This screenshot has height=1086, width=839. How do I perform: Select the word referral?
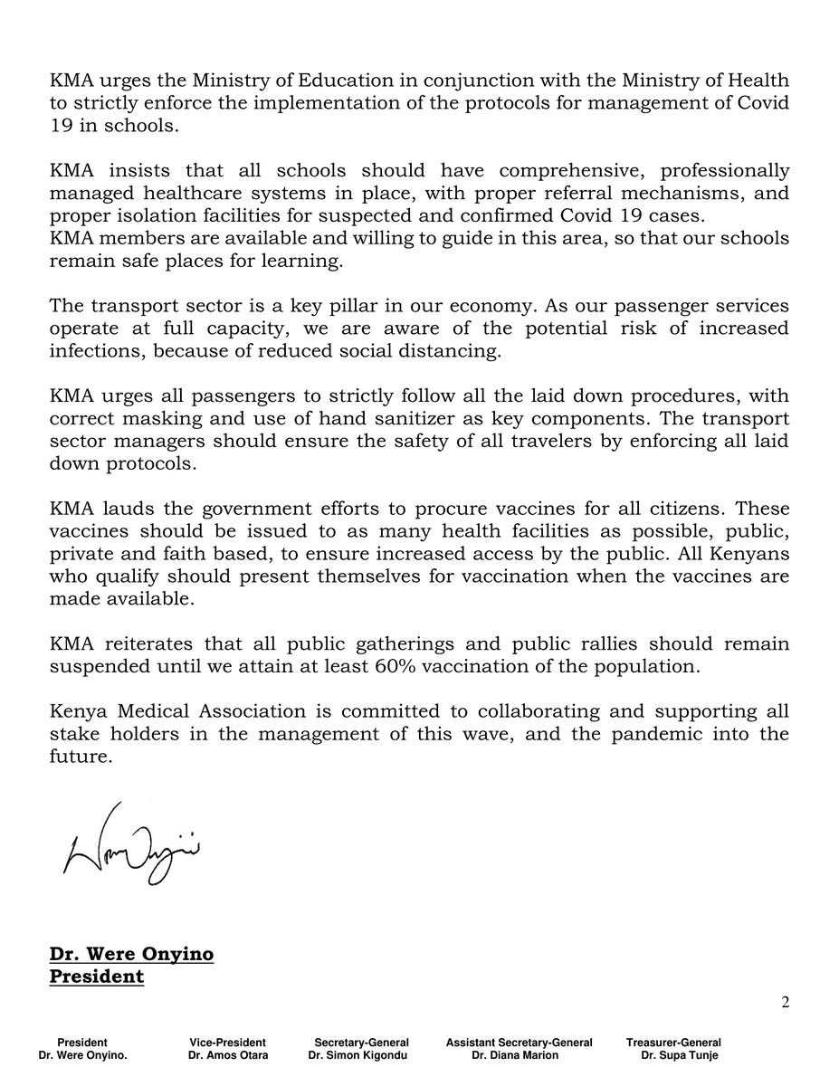click(575, 194)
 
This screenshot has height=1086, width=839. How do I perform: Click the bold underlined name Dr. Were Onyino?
click(131, 955)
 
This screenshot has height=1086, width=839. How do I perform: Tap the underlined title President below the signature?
click(96, 977)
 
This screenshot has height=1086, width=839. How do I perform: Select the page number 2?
click(784, 1002)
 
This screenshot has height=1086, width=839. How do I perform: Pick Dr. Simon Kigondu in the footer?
click(358, 1055)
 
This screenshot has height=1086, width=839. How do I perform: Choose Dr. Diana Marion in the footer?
click(515, 1055)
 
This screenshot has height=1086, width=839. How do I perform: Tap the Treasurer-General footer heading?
click(673, 1043)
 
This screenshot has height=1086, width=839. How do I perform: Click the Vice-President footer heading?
click(228, 1043)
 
